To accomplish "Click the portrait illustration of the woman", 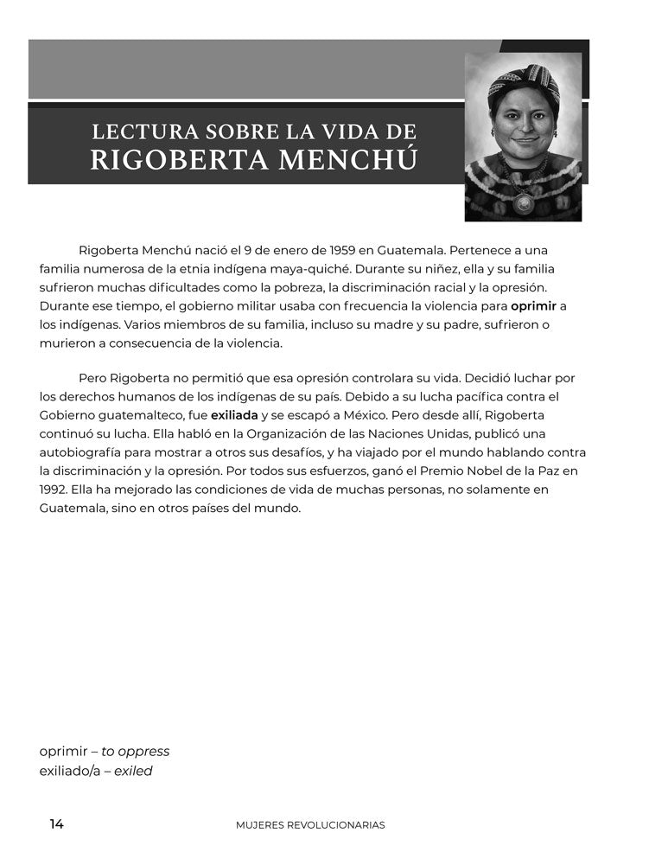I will (523, 137).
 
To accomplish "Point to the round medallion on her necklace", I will (523, 205).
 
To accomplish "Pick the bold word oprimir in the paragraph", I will (533, 305).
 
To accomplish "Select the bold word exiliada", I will (234, 415).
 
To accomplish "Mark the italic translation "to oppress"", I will (136, 752).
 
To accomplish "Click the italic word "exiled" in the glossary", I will (133, 771).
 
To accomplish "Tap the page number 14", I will (56, 824).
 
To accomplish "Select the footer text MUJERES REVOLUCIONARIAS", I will (310, 825).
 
